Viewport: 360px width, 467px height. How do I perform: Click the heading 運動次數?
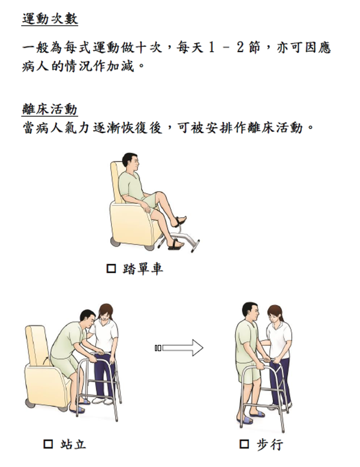(50, 18)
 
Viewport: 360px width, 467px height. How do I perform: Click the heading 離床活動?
(50, 109)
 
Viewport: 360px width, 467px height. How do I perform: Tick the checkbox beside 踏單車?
(111, 268)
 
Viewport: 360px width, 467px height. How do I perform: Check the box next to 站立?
(48, 444)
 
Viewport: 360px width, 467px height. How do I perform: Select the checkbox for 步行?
(244, 444)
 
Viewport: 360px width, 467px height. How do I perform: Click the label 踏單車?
(143, 269)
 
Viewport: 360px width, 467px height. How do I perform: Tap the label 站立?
(73, 444)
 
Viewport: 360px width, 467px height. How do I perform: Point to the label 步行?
(270, 444)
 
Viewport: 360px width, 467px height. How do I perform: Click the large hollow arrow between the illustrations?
(179, 348)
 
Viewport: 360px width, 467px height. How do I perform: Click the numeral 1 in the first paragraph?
(212, 48)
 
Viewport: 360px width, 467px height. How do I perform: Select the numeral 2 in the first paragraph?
(240, 48)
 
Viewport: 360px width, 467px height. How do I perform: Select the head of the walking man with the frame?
(250, 312)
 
